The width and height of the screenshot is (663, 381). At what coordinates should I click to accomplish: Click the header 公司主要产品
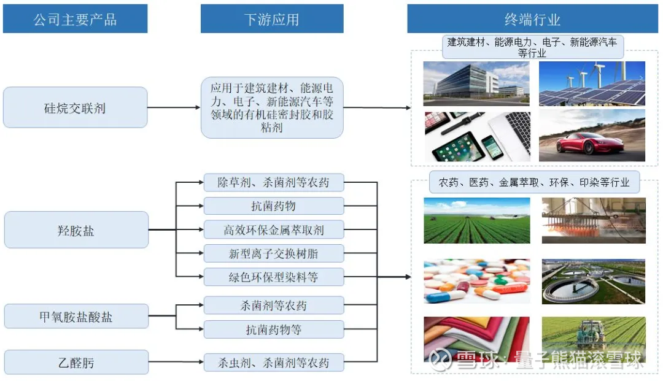click(75, 19)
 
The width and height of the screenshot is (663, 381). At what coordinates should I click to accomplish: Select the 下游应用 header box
click(271, 19)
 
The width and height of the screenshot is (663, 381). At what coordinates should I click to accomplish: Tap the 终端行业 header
click(532, 19)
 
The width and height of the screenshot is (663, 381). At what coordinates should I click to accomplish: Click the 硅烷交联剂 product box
click(75, 107)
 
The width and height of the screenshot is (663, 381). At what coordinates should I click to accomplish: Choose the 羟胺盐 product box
click(76, 230)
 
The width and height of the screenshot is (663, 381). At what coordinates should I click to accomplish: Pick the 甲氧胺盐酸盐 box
click(76, 317)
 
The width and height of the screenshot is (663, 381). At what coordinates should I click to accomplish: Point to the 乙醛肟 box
click(76, 362)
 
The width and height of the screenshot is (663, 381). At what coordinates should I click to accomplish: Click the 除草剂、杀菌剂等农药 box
click(273, 182)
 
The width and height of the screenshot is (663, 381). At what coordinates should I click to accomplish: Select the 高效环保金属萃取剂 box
click(273, 230)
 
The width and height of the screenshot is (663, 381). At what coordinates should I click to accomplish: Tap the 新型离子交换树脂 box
click(273, 253)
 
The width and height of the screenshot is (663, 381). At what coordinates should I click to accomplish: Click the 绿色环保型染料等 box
click(273, 277)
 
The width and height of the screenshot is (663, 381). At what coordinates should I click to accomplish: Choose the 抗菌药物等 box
click(273, 329)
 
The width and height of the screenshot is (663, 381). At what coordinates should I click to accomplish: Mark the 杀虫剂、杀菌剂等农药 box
click(273, 362)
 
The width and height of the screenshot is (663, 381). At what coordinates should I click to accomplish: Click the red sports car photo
click(592, 136)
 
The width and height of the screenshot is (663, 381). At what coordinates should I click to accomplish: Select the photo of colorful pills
click(476, 281)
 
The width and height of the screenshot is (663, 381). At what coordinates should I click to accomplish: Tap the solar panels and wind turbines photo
click(592, 83)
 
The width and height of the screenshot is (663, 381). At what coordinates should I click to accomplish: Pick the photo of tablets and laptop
click(476, 136)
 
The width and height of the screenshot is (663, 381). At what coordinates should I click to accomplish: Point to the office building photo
click(476, 83)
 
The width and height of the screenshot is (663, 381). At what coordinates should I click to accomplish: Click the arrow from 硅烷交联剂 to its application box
click(174, 107)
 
